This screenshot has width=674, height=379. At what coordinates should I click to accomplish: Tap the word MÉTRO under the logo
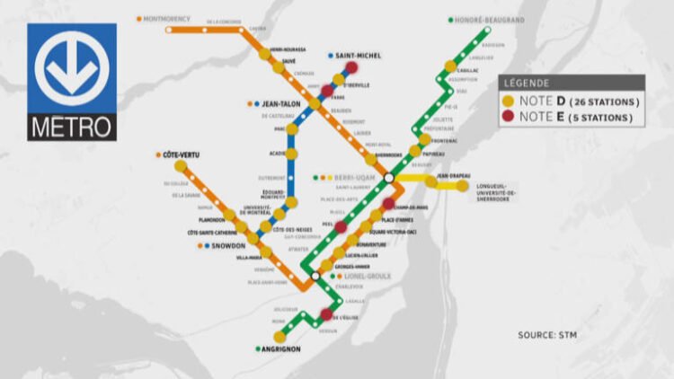click(x=72, y=127)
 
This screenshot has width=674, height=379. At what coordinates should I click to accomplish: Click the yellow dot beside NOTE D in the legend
click(x=510, y=101)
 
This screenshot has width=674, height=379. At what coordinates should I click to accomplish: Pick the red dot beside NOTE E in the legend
click(x=510, y=117)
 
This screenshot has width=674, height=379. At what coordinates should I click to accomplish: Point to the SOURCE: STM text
click(x=549, y=335)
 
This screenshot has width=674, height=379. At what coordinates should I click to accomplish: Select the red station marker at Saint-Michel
click(x=351, y=67)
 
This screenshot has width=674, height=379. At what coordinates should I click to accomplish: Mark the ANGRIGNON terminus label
click(x=282, y=348)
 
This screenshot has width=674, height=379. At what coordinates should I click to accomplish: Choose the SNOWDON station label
click(x=228, y=245)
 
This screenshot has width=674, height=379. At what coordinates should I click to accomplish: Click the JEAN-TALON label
click(x=284, y=104)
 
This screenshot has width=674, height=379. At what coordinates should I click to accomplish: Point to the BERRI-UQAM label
click(x=352, y=177)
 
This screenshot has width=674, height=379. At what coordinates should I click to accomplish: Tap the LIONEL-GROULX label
click(x=368, y=277)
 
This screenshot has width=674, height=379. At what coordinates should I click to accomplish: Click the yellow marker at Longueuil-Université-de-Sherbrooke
click(x=462, y=186)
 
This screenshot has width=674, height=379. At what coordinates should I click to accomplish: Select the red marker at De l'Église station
click(x=326, y=314)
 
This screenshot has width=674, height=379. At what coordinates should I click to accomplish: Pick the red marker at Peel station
click(x=341, y=226)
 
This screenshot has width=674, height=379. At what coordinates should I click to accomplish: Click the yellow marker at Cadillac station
click(x=449, y=66)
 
